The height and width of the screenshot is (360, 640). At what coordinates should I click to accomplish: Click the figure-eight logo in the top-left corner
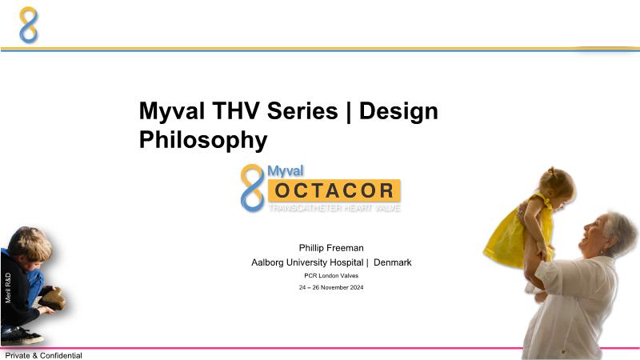29,25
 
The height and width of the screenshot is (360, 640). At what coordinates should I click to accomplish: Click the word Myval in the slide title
172,111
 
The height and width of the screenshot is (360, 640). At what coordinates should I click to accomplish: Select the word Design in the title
398,112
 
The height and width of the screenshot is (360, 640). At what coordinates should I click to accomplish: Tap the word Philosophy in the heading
203,141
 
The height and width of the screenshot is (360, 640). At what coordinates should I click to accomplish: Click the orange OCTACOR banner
334,190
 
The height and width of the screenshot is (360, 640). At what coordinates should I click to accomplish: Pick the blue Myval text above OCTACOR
286,171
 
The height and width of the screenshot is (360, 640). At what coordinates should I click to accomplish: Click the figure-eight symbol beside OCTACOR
253,188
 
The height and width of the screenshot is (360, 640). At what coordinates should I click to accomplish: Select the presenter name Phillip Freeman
331,248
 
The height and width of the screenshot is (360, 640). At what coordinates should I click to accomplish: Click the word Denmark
392,262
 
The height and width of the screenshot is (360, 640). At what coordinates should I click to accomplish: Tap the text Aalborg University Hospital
307,262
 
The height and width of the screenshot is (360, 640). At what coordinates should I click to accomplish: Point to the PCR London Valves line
331,275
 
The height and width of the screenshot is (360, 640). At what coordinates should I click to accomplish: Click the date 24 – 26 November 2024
331,287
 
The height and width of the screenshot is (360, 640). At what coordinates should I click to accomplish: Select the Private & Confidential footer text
44,355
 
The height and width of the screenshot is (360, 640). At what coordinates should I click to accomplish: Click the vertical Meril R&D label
8,288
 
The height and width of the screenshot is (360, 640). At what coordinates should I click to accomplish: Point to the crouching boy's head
30,244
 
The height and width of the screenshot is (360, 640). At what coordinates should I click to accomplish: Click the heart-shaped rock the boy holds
53,299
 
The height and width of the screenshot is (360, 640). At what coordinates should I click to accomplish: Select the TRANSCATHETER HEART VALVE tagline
334,208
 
